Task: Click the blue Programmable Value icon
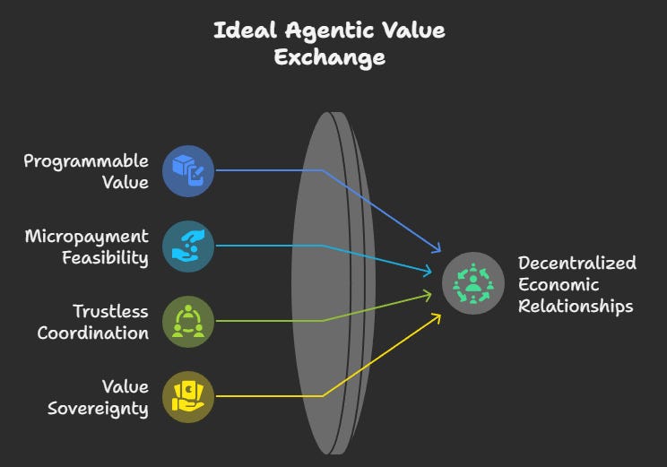pos(188,169)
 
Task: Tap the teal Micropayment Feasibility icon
pos(188,245)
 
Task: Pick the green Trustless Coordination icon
pos(188,321)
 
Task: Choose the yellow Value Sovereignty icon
pos(188,395)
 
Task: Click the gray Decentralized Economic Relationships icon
pos(472,283)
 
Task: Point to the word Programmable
pos(86,161)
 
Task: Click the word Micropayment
pos(86,237)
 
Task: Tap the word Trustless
pos(110,312)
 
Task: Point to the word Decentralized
pos(577,263)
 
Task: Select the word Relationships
pos(576,306)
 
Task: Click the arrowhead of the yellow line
pos(437,315)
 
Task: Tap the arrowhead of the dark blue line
pos(438,250)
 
